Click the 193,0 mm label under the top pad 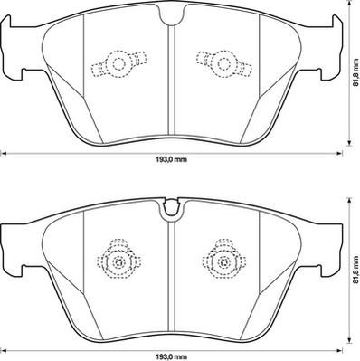171,159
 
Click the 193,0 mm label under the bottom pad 171,357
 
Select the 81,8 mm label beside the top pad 356,71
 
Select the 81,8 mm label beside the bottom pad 356,270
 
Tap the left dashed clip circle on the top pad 118,64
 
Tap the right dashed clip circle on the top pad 224,64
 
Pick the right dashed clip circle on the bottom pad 224,261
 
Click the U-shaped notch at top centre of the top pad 172,15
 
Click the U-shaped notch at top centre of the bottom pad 171,210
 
